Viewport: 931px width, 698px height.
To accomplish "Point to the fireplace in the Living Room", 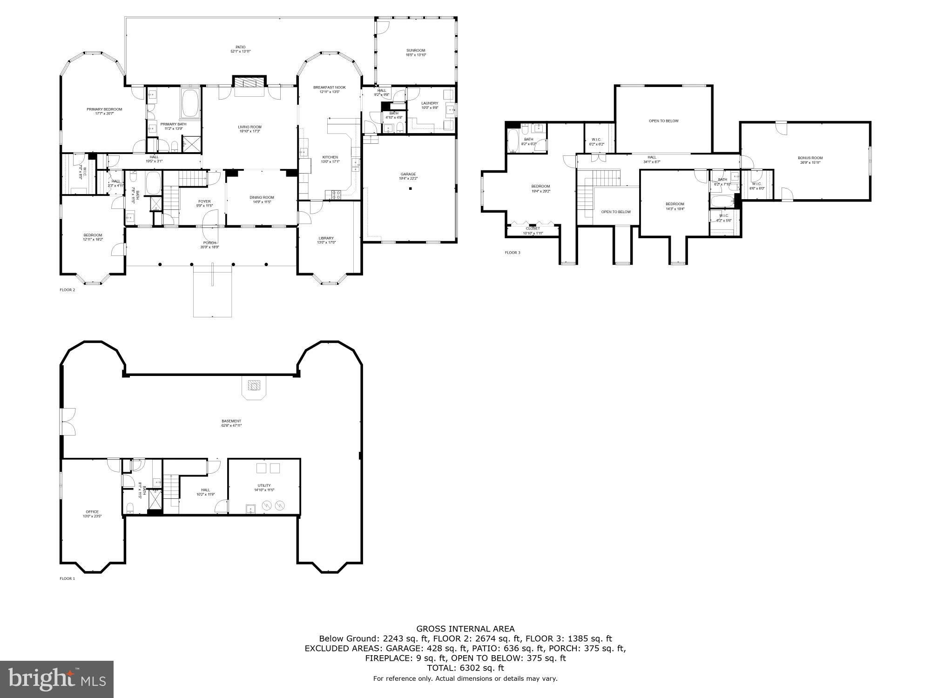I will click(249, 83).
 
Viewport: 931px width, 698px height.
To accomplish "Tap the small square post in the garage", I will click(411, 188).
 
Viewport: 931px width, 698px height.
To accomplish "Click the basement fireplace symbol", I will click(254, 385).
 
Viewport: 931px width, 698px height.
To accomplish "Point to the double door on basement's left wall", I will click(67, 422).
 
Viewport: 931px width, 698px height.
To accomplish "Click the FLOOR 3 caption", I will click(513, 253).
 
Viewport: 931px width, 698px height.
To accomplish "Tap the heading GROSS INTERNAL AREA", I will click(465, 629).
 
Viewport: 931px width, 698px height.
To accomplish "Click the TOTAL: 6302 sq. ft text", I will click(465, 668).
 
